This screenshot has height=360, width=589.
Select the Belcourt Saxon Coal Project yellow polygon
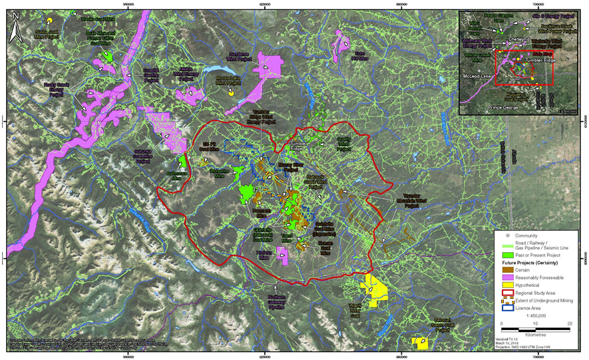tap(419, 343)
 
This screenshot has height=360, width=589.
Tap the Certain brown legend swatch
tap(509, 269)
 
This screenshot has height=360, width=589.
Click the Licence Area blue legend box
tap(509, 307)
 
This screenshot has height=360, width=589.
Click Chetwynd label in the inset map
tap(512, 39)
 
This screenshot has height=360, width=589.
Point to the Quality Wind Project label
tap(343, 145)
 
